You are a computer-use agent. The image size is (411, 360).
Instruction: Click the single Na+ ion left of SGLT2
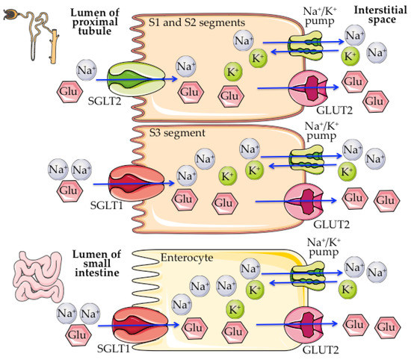click(x=85, y=72)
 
